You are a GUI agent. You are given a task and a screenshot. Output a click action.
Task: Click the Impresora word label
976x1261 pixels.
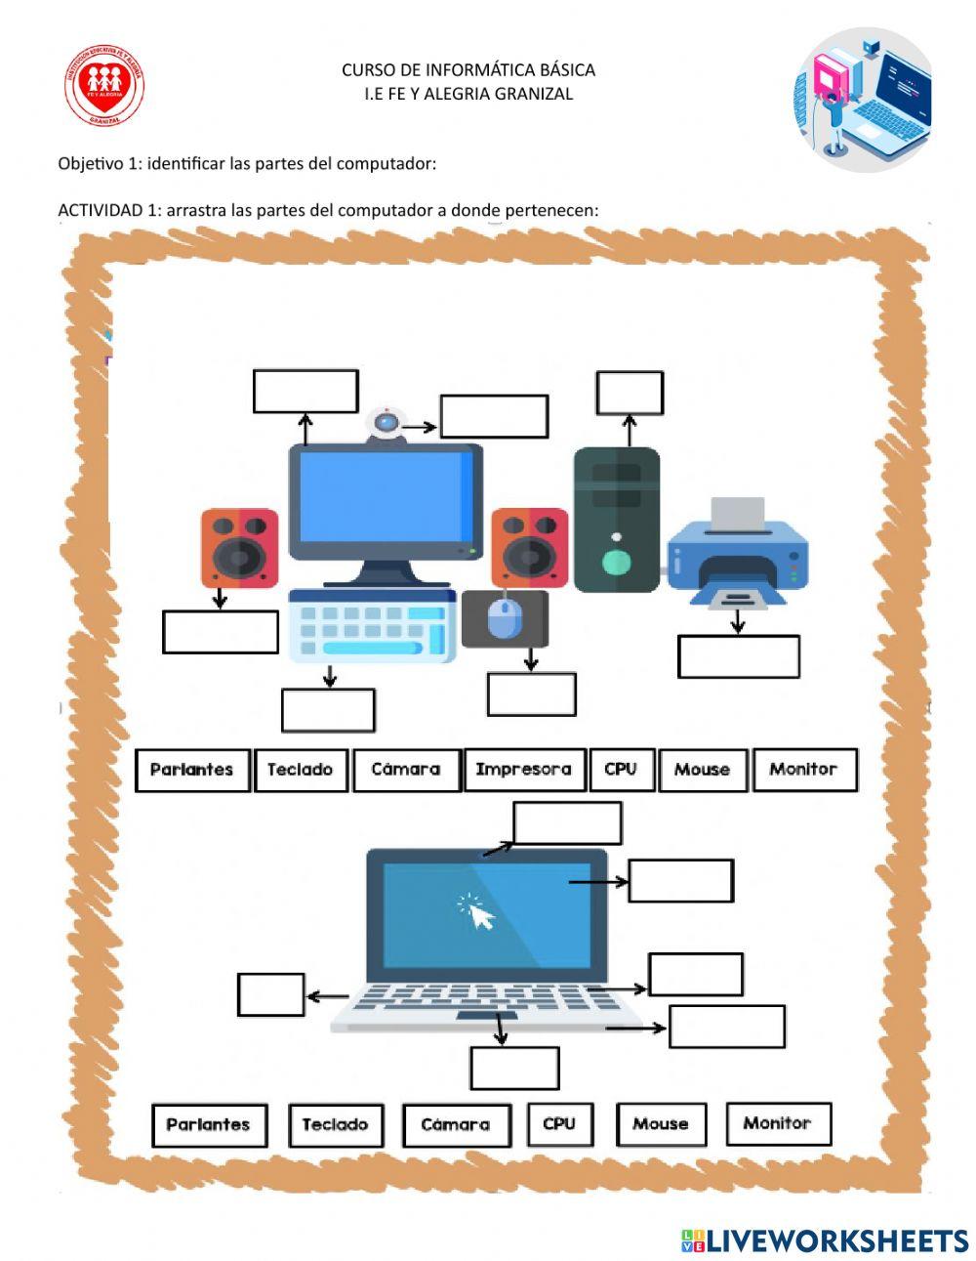524,770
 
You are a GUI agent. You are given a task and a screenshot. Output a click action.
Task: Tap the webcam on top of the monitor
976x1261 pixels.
386,424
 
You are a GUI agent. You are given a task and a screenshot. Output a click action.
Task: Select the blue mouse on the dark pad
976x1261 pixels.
503,618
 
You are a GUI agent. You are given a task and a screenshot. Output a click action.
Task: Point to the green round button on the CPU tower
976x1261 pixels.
616,562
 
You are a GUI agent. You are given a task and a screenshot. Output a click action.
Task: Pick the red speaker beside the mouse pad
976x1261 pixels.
529,548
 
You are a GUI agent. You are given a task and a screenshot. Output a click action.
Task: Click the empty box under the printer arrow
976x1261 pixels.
738,656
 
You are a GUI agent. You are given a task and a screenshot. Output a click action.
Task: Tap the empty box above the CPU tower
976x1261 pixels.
630,393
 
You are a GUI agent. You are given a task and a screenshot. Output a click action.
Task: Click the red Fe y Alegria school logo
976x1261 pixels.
104,86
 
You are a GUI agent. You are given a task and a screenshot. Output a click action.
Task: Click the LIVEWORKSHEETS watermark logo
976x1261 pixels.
825,1240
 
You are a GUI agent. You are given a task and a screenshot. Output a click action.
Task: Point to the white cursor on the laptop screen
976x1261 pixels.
480,915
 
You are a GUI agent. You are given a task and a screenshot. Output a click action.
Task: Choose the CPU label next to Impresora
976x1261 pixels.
621,770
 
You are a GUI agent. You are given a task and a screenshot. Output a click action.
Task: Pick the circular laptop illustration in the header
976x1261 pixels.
863,100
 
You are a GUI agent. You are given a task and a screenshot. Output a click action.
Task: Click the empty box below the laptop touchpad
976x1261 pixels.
514,1069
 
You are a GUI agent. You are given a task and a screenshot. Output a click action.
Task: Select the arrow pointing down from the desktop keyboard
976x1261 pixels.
330,676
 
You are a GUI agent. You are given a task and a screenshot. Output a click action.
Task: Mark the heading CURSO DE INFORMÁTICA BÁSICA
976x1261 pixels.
468,70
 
